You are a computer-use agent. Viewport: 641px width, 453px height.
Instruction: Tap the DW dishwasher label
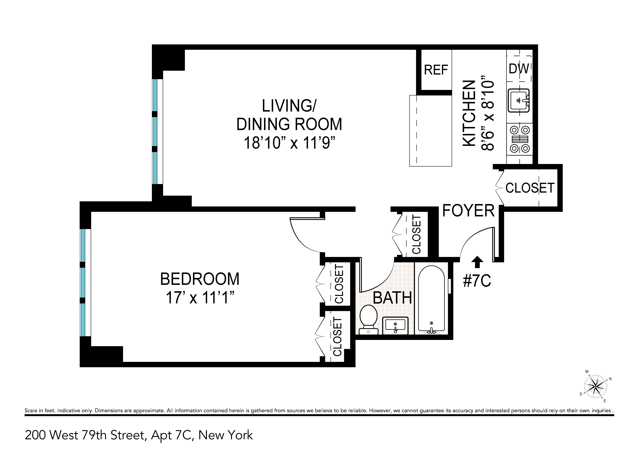pos(519,69)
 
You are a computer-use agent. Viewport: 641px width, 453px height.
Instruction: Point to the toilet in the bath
pos(368,320)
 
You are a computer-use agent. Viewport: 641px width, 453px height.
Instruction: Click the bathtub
pos(431,299)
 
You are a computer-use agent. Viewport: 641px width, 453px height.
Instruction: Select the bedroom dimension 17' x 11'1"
pos(200,298)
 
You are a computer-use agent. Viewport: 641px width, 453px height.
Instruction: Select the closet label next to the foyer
pos(530,188)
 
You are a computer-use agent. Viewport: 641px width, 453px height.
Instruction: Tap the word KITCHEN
pos(469,113)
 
